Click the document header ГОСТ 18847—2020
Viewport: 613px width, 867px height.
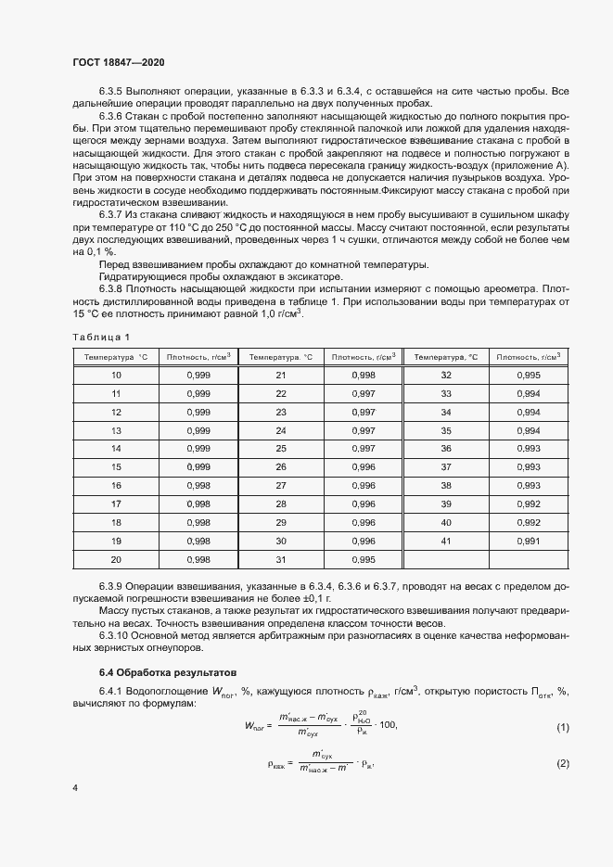click(119, 62)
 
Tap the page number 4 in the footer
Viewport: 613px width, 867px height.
click(75, 787)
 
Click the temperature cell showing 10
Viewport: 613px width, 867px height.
click(116, 375)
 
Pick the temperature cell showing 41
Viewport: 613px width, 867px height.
click(445, 541)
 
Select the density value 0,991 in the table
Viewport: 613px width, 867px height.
click(528, 541)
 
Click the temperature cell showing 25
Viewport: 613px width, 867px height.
click(281, 448)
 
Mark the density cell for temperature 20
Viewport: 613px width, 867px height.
click(198, 559)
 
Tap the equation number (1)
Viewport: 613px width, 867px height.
click(562, 727)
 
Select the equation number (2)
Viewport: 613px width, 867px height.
click(562, 763)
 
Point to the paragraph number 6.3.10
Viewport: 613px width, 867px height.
click(116, 633)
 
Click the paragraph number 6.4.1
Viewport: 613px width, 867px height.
click(113, 690)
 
